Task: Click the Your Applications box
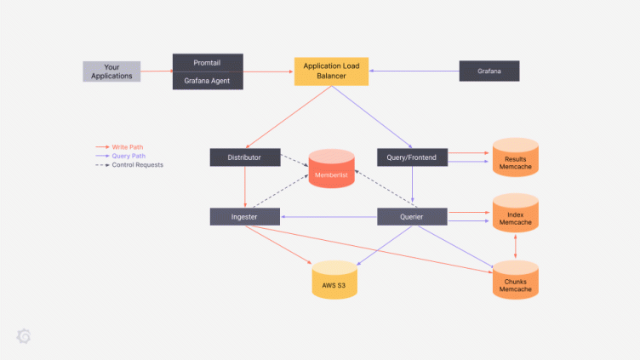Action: click(x=111, y=71)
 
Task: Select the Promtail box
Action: click(x=208, y=63)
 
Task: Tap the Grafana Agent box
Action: click(x=208, y=81)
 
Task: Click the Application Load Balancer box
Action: click(x=331, y=71)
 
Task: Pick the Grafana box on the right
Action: click(x=489, y=71)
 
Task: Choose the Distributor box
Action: click(x=245, y=157)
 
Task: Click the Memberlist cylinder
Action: click(x=331, y=170)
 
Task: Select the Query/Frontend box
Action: click(x=412, y=157)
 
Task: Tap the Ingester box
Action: click(x=245, y=217)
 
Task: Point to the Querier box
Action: click(x=412, y=217)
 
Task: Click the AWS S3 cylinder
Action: click(x=334, y=281)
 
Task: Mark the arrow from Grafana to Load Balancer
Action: click(x=414, y=71)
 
